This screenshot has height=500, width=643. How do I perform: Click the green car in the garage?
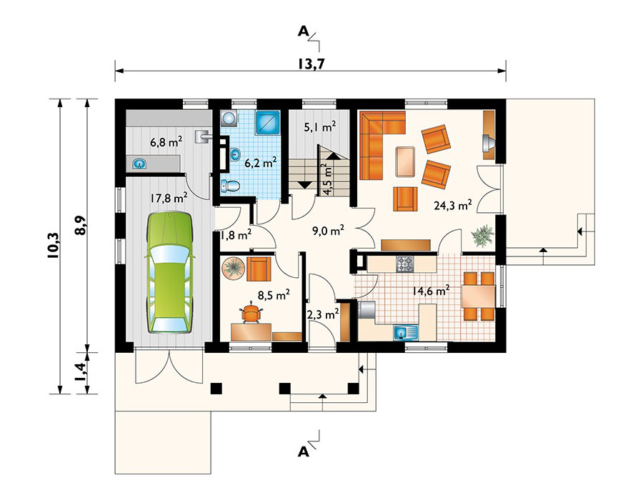click(169, 273)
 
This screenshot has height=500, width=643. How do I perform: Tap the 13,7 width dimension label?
click(310, 64)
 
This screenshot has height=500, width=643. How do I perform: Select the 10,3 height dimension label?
click(54, 246)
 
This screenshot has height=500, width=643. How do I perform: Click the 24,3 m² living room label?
click(453, 205)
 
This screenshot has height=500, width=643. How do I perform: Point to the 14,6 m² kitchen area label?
click(431, 291)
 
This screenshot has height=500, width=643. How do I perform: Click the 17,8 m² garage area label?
click(169, 198)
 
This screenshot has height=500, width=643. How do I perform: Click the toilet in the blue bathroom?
click(229, 186)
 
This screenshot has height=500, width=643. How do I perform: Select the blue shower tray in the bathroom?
click(268, 123)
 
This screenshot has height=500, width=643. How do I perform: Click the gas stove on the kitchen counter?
click(405, 264)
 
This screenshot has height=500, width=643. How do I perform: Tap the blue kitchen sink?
click(406, 332)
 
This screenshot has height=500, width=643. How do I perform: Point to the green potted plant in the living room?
click(483, 236)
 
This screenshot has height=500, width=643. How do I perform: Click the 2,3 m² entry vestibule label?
click(323, 314)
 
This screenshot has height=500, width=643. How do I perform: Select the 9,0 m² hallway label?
click(328, 231)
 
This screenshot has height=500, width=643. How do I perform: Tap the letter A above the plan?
click(303, 31)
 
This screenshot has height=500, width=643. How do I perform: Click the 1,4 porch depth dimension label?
click(81, 371)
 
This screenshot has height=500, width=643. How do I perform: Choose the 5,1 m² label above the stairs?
click(320, 127)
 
